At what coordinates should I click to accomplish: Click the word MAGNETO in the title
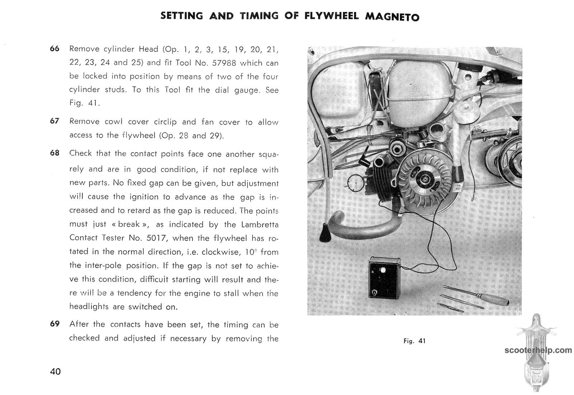click(392, 17)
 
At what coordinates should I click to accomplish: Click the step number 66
click(55, 48)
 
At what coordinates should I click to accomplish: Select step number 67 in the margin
click(55, 121)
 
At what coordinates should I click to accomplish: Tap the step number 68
click(55, 153)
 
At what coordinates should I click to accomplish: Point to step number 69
click(55, 324)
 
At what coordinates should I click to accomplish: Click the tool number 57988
click(224, 63)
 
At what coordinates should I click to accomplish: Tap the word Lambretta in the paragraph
click(260, 225)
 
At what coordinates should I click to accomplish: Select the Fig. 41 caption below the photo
click(414, 341)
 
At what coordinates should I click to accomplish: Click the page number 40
click(56, 371)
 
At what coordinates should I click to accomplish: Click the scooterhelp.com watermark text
click(538, 350)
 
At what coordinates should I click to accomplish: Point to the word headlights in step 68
click(89, 307)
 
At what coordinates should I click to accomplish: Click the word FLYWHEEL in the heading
click(331, 16)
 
